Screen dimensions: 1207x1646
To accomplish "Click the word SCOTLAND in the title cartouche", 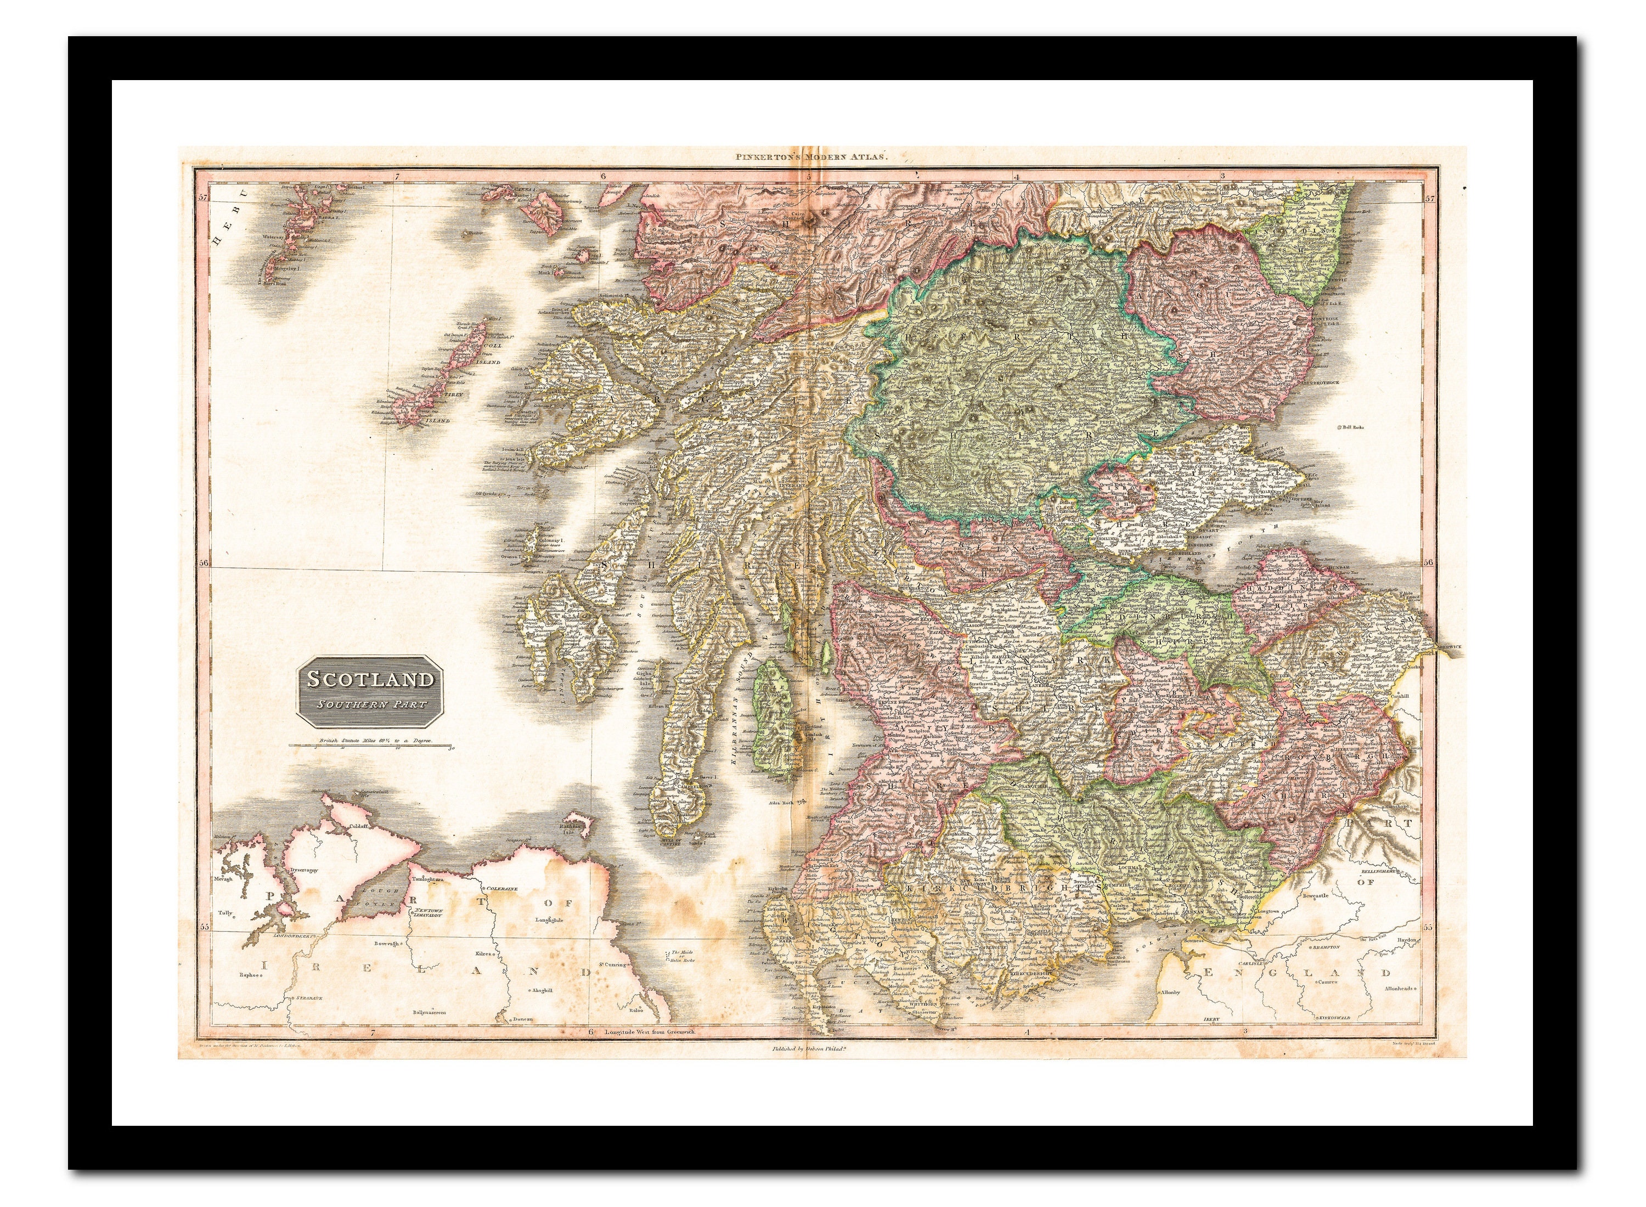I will click(370, 679).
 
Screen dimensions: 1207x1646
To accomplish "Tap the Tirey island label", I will click(453, 394).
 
